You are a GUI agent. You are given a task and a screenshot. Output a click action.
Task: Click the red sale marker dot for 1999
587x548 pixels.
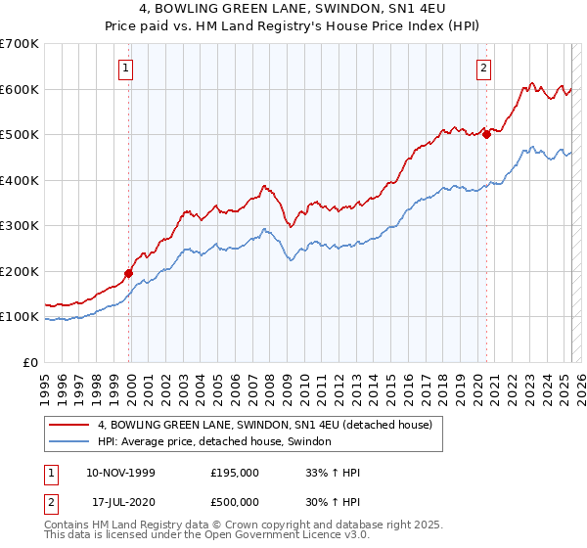pyautogui.click(x=128, y=274)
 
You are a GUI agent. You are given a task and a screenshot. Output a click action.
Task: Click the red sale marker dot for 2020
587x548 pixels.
pyautogui.click(x=486, y=135)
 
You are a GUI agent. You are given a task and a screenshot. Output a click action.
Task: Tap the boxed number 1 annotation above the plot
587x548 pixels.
pyautogui.click(x=128, y=68)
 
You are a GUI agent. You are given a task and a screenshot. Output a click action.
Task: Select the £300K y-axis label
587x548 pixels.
pyautogui.click(x=20, y=226)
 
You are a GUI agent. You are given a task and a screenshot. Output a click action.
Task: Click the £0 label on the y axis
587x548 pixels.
pyautogui.click(x=31, y=362)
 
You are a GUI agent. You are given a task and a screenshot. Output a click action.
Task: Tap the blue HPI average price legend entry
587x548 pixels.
pyautogui.click(x=214, y=442)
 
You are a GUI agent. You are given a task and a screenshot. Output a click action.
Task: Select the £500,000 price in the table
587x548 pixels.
pyautogui.click(x=236, y=502)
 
